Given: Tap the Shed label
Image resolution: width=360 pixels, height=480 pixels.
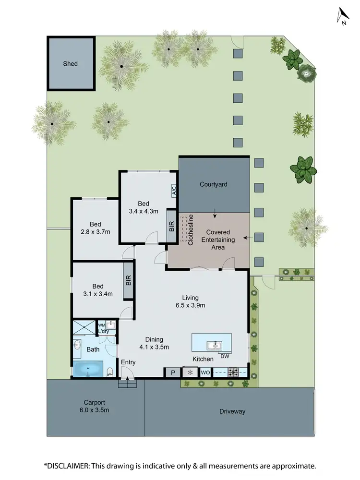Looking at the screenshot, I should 70,64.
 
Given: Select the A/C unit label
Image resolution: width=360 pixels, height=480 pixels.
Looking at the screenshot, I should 174,191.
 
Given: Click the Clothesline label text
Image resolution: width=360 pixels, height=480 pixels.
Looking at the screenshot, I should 191,230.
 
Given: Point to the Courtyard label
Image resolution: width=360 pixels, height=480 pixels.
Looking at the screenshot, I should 213,184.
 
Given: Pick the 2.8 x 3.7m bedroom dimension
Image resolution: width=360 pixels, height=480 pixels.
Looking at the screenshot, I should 95,232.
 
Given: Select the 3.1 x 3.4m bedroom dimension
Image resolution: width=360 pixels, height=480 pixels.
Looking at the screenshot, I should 95,294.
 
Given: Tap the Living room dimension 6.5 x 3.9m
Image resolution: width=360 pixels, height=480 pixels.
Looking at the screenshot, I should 190,305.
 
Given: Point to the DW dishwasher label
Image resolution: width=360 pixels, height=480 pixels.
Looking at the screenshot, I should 224,356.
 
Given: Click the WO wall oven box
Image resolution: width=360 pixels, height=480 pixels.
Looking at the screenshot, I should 205,372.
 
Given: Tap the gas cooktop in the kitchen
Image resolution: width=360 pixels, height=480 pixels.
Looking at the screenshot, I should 234,372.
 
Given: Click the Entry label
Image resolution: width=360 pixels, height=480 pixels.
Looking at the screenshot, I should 128,362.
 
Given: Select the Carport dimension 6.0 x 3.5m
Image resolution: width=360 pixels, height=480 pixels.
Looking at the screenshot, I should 93,411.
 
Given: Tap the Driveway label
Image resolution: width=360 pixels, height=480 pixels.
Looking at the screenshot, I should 232,411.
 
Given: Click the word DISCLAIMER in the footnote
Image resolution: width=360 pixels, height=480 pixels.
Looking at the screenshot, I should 75,466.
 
